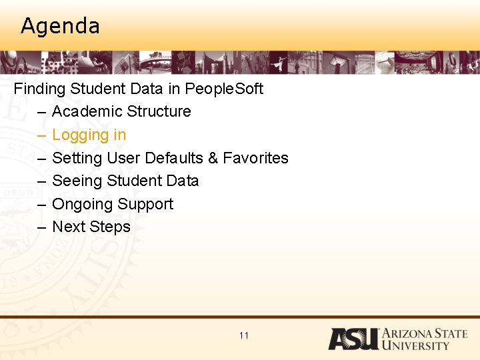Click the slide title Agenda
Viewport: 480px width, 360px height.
tap(60, 26)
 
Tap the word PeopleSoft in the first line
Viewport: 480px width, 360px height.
tap(224, 89)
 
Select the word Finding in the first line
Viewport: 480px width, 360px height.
tap(39, 89)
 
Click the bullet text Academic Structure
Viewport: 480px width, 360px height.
tap(121, 111)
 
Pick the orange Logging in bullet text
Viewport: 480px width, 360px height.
tap(89, 135)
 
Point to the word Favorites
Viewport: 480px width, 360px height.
tap(255, 158)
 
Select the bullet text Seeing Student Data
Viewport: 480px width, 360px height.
tap(125, 181)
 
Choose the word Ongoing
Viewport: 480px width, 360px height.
tap(81, 204)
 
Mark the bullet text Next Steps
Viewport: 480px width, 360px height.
tap(91, 227)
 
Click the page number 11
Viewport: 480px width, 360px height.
tap(243, 335)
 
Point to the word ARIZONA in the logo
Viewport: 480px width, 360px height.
tap(409, 333)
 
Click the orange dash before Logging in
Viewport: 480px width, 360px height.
tap(41, 135)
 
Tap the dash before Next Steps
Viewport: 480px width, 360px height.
tap(41, 227)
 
